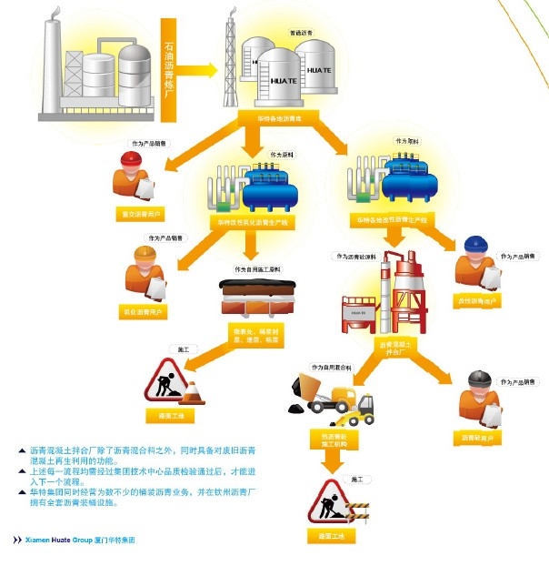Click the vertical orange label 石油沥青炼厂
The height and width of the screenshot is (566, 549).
coord(168,69)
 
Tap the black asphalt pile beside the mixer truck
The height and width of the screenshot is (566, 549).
coord(295,410)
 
